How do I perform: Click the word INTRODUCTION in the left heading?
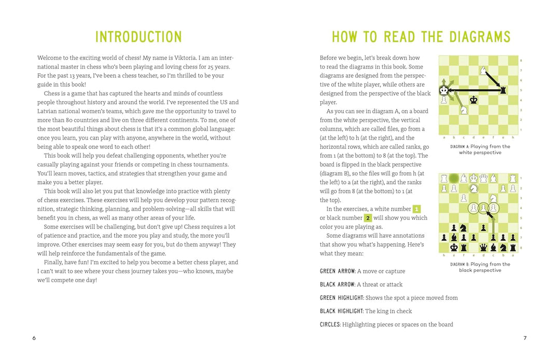tap(138, 37)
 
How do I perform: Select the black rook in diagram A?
tap(502, 90)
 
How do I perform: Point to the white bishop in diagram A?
tap(483, 70)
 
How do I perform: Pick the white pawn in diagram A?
tap(444, 100)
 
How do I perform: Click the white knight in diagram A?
tap(464, 110)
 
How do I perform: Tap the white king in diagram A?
tap(444, 90)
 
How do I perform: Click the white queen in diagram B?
tap(483, 178)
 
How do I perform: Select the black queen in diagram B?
tap(483, 247)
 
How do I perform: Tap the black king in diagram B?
tap(454, 247)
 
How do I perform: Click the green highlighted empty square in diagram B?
tap(454, 178)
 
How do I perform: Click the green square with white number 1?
tap(416, 209)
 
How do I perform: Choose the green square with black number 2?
tap(368, 218)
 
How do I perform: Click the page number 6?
tap(34, 338)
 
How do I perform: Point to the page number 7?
tap(525, 338)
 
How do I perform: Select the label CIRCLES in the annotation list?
tap(330, 325)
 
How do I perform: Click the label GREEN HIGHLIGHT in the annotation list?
tap(342, 298)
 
